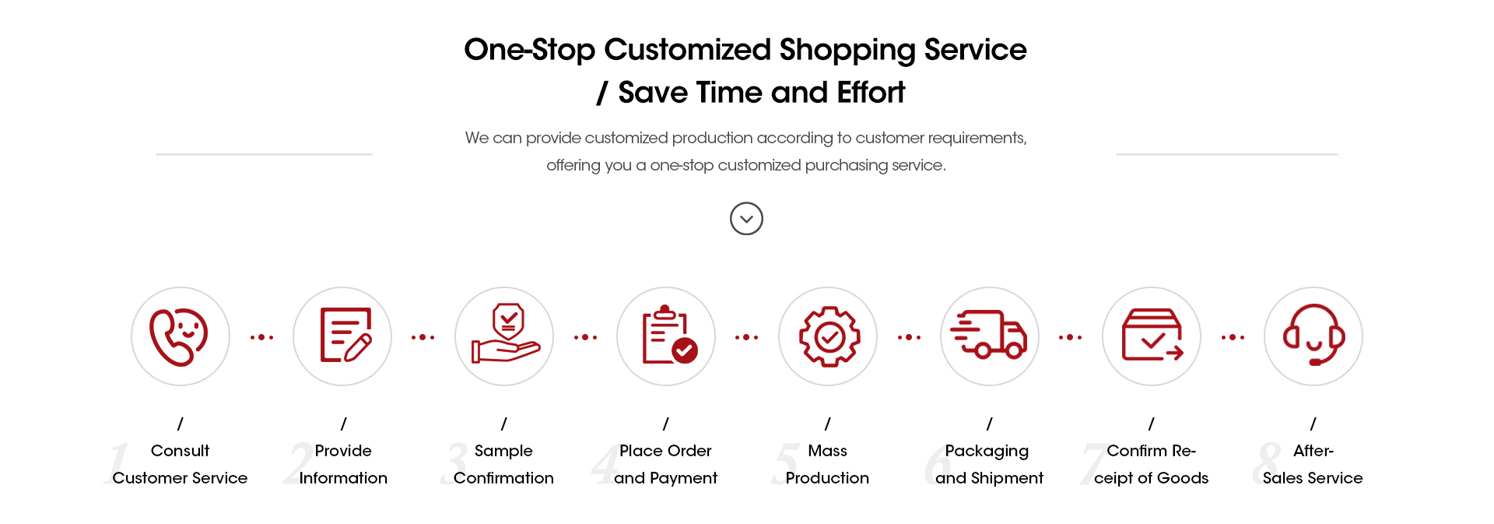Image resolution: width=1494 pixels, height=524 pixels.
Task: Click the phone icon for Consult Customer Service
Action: pos(179,337)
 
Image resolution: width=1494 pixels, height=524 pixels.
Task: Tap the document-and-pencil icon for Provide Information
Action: pos(345,335)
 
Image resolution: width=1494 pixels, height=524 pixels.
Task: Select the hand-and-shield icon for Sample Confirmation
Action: pos(506,333)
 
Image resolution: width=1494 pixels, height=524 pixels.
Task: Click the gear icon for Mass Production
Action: pos(829,336)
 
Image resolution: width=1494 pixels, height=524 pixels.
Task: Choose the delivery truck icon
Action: pos(989,334)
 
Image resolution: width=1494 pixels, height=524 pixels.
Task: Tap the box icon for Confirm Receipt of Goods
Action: pos(1152,335)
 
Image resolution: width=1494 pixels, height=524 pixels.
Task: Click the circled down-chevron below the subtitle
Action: pos(746,219)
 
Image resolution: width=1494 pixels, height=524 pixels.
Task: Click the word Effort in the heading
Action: pos(871,93)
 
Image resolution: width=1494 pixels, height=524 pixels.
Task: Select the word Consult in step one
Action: pos(180,451)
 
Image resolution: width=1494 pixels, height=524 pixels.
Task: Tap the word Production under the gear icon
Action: pos(827,478)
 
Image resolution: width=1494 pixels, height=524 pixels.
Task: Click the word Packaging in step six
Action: pos(987,452)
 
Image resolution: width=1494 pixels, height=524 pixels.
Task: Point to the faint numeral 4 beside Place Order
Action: pos(605,464)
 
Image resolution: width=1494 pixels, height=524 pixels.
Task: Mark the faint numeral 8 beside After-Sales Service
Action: pos(1267,464)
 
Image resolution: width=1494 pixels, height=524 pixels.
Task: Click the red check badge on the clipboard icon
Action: pos(685,351)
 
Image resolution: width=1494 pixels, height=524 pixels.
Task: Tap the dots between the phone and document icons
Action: pos(261,337)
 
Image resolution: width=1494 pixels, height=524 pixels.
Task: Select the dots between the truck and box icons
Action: pos(1070,337)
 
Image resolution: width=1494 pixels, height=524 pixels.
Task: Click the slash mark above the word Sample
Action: pos(504,424)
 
